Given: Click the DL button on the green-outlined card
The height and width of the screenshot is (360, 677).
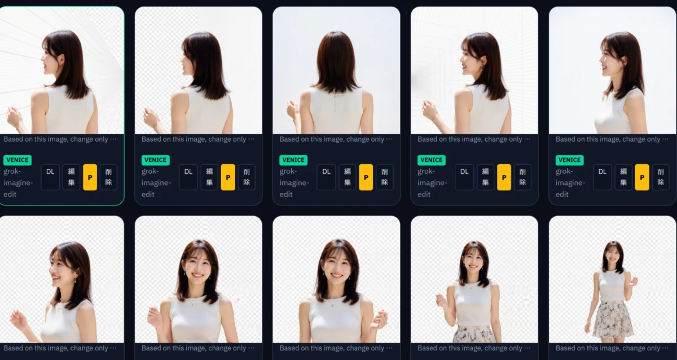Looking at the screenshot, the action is (x=50, y=177).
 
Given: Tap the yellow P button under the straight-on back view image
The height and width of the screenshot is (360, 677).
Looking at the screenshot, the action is (x=366, y=177).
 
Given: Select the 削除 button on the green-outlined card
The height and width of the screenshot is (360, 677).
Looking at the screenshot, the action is (x=108, y=177).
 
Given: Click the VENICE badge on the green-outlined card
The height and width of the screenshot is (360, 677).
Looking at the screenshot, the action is (x=17, y=160).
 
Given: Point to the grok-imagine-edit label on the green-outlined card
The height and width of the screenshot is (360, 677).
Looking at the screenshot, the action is (x=18, y=183).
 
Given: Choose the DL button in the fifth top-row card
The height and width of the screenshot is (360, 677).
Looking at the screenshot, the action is (x=603, y=177).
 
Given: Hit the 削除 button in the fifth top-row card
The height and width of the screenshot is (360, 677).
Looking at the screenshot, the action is (x=661, y=177).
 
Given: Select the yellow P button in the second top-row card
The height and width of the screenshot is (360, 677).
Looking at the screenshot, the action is (x=228, y=177).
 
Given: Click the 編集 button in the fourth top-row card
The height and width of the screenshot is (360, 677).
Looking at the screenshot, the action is (x=485, y=177).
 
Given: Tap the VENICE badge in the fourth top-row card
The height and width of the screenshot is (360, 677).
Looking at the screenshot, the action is (x=432, y=160).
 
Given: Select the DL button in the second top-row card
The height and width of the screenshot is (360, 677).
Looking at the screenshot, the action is (x=188, y=177).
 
